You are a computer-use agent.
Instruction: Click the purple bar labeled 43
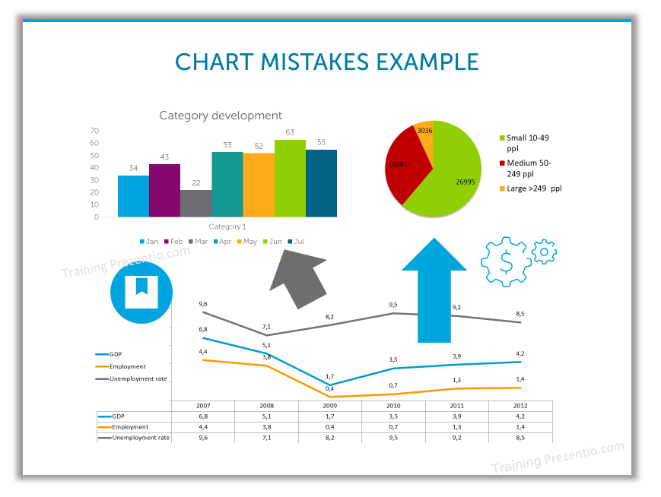[164, 191]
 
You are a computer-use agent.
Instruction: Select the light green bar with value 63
[290, 178]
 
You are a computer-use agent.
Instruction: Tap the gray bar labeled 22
[196, 204]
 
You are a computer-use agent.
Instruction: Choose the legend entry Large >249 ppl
[531, 188]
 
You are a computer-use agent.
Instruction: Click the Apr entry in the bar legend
[222, 242]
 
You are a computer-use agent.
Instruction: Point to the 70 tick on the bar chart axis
[94, 131]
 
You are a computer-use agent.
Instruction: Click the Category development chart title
[221, 116]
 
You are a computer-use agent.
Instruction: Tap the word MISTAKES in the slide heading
[314, 62]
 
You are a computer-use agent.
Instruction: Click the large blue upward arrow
[434, 290]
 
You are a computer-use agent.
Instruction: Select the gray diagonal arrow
[298, 279]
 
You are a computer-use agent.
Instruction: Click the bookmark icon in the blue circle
[141, 292]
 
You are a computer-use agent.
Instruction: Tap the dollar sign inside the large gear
[506, 262]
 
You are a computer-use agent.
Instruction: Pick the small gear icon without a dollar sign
[544, 252]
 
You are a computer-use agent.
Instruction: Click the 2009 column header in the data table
[329, 406]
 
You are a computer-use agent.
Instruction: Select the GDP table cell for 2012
[520, 416]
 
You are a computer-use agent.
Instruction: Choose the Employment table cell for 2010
[393, 427]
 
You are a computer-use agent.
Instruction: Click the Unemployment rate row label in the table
[141, 438]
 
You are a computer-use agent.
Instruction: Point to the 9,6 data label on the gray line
[203, 304]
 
